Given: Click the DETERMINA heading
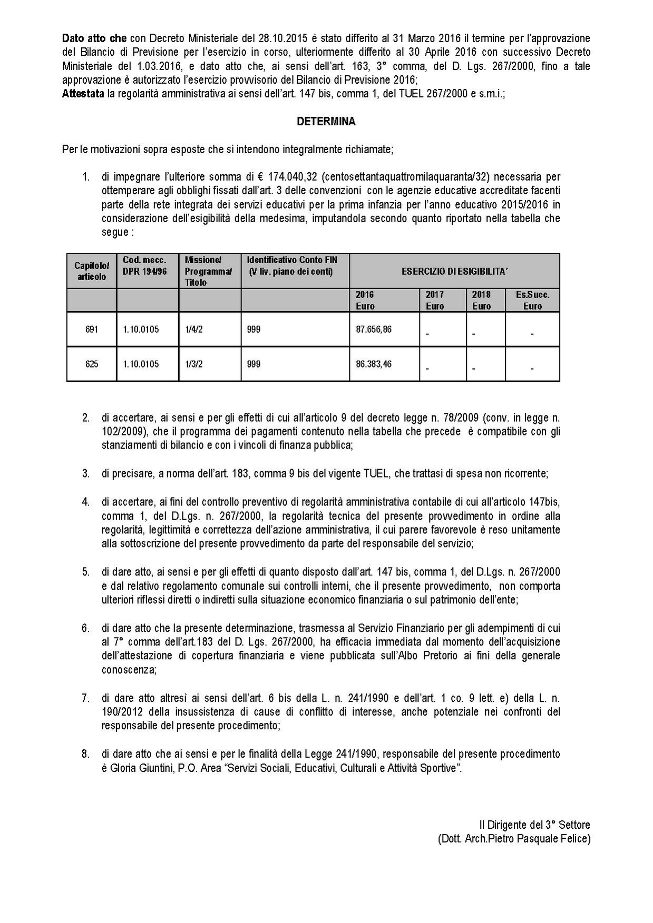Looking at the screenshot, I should point(326,122).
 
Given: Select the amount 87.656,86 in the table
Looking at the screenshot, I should point(374,329).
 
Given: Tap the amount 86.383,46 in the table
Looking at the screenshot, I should point(374,364).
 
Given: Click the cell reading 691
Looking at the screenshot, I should point(91,330).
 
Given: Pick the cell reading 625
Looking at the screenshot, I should point(91,364).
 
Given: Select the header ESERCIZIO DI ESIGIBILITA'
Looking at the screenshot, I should point(454,271).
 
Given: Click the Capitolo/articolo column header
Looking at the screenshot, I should point(92,271).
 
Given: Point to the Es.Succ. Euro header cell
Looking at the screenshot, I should point(532,300).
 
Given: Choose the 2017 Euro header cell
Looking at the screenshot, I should point(435,300).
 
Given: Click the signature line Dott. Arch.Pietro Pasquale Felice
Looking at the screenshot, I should point(514,839).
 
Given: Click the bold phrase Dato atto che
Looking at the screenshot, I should point(94,38).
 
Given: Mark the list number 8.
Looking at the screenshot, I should point(85,755).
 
